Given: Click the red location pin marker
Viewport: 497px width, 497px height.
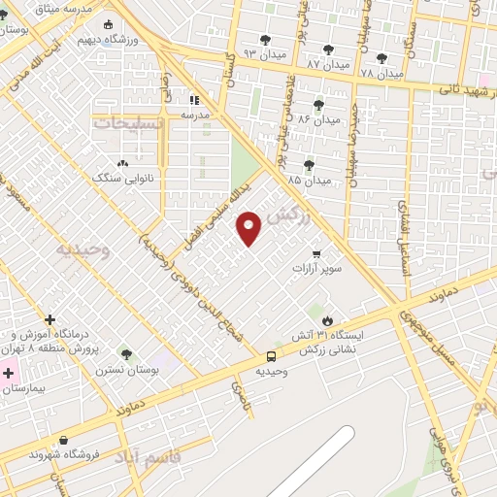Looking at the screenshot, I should point(249,227).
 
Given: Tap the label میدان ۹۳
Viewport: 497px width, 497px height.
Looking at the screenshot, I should point(264,51).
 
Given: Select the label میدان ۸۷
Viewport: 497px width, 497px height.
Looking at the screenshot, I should point(326,62).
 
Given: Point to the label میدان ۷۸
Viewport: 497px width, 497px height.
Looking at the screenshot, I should point(381,72).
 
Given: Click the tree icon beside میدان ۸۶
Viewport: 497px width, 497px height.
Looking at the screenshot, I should point(318,105).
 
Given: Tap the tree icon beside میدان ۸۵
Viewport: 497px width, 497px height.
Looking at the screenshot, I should point(309,165).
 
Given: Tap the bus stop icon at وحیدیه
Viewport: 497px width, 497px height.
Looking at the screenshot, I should point(272,356).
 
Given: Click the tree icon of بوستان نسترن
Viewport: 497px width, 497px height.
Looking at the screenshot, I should point(125,354).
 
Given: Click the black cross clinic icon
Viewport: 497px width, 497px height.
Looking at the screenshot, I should point(50,319).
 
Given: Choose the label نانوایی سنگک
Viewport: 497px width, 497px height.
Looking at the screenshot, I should point(118,178).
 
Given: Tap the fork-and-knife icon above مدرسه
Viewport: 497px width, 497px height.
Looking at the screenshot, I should point(194,99).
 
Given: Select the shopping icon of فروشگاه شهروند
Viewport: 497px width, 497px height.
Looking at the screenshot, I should point(63,440).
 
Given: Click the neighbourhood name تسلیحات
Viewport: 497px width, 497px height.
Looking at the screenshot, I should point(127,123).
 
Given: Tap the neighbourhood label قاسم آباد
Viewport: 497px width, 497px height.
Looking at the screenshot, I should point(150,455).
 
